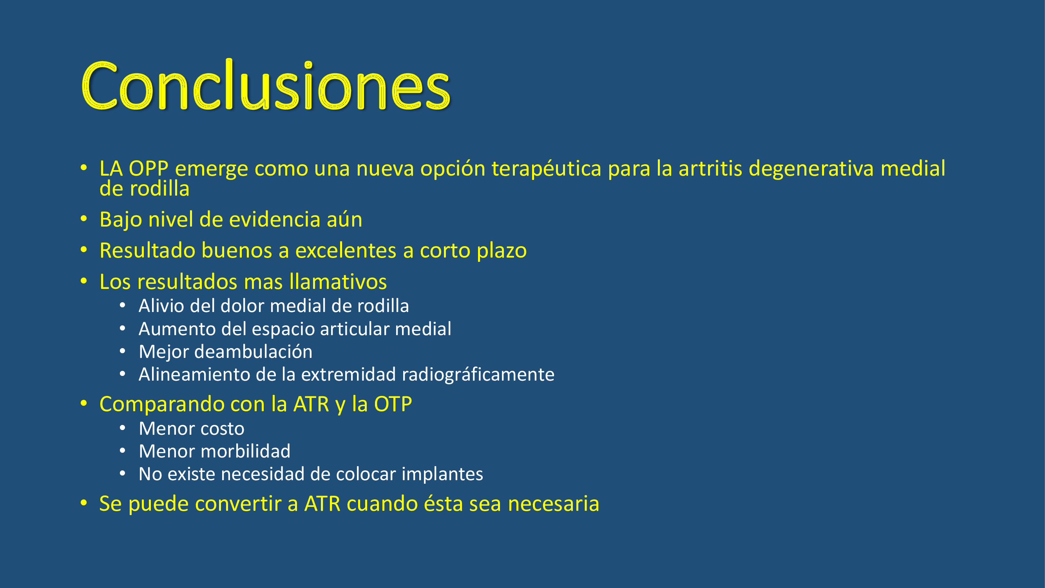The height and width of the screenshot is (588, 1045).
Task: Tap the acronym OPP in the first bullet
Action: click(x=148, y=169)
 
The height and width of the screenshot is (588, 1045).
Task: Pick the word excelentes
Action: click(x=346, y=250)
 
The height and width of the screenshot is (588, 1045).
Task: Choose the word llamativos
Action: click(x=338, y=281)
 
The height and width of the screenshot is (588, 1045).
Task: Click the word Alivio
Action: click(x=161, y=306)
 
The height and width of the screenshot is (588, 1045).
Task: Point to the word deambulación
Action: click(x=254, y=351)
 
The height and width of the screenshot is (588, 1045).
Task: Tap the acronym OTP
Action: click(x=393, y=404)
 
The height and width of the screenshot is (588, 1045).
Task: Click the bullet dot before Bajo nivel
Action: click(x=84, y=219)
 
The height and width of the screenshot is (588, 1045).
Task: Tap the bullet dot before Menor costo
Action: click(x=123, y=428)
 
